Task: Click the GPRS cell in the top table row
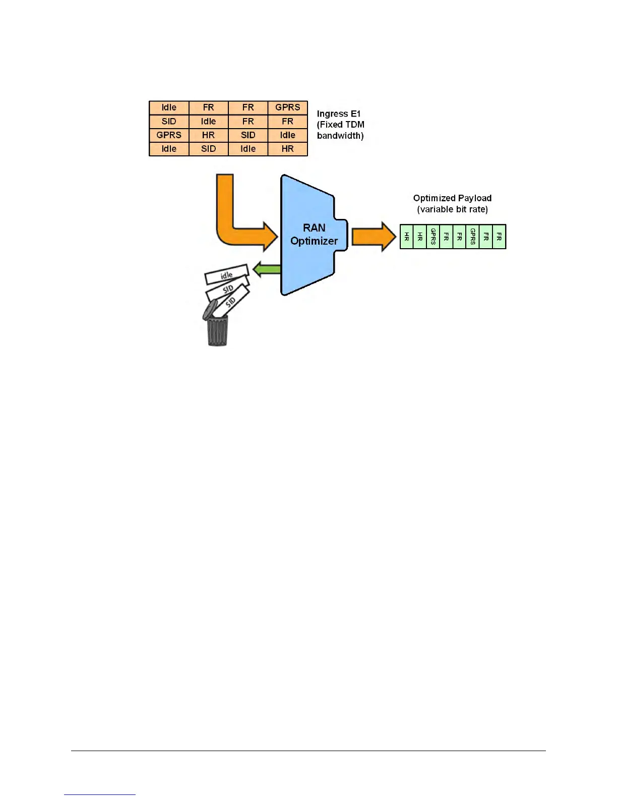[x=287, y=107]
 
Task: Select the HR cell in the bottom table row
[x=287, y=149]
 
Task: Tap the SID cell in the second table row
[x=169, y=122]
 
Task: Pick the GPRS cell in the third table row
[x=169, y=135]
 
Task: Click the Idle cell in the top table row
[x=169, y=107]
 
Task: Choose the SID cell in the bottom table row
[x=208, y=149]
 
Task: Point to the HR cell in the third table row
[x=208, y=135]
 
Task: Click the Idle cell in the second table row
[x=208, y=122]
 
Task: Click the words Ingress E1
[x=339, y=114]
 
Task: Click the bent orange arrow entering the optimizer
[x=232, y=222]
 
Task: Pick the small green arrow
[x=266, y=269]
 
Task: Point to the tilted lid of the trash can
[x=209, y=309]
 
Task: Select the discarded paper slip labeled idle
[x=226, y=275]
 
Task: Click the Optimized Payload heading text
[x=452, y=198]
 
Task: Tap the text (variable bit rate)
[x=452, y=209]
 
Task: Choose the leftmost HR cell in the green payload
[x=406, y=237]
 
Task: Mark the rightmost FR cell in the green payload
[x=499, y=237]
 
